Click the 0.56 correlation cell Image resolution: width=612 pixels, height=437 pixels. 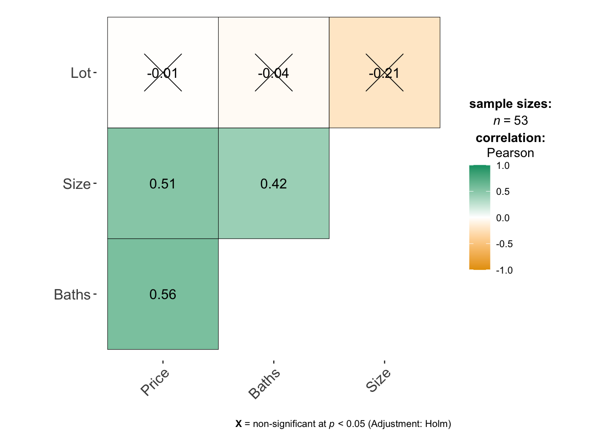163,295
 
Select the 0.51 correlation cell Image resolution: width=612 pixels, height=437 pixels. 163,184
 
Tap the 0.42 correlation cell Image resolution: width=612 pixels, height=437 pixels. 274,184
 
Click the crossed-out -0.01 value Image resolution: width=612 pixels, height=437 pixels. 163,73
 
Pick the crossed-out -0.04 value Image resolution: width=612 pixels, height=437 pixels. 274,73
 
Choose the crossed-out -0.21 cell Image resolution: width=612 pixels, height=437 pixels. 384,73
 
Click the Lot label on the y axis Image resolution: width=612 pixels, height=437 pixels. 81,73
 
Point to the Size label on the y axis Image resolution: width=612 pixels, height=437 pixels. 76,184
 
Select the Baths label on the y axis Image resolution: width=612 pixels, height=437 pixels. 72,295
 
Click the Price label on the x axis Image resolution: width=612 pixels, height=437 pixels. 155,382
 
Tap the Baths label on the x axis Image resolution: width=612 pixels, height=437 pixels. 264,384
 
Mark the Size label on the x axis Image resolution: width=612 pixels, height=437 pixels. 378,381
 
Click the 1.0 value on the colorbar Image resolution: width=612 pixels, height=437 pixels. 503,166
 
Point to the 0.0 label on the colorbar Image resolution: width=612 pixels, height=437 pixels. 503,218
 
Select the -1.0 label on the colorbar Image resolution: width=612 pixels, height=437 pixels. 504,270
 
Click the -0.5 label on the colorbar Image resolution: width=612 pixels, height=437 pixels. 504,244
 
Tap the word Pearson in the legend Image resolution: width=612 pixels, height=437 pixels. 510,153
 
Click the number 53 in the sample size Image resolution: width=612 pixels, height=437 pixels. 521,121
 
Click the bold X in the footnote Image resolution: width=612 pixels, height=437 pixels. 239,424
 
